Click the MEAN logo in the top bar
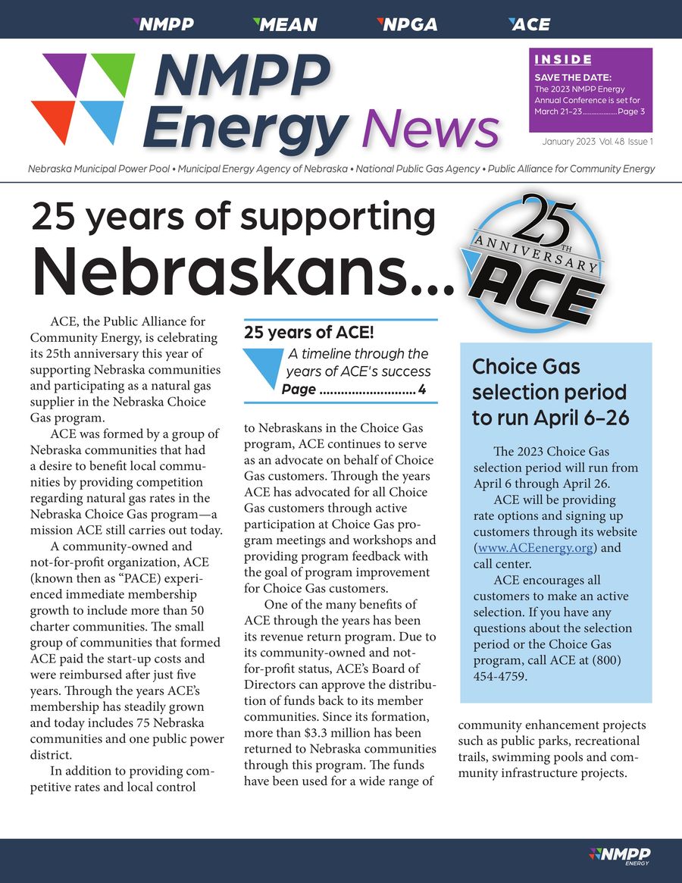[284, 24]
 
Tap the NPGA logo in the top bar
[407, 24]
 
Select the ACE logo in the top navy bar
[529, 24]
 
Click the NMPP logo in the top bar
[163, 24]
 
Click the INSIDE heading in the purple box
[563, 60]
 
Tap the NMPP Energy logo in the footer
[619, 856]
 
